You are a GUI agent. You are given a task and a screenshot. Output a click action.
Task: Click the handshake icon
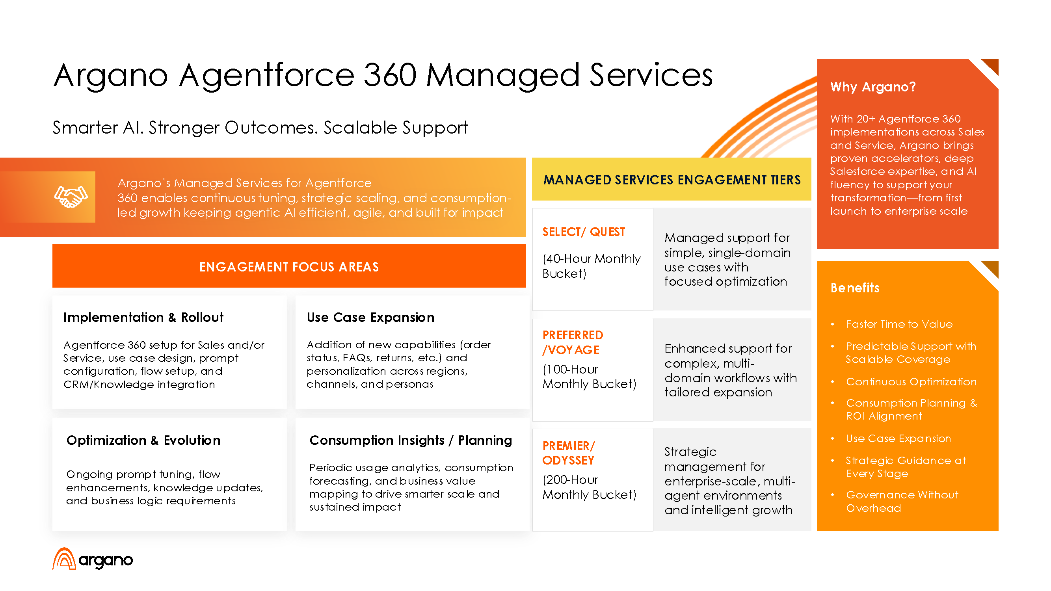point(71,197)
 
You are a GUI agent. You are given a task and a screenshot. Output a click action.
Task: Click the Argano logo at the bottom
point(93,559)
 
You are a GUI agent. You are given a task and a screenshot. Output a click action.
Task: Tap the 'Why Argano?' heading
point(873,87)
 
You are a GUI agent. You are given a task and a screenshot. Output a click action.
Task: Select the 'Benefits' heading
point(855,288)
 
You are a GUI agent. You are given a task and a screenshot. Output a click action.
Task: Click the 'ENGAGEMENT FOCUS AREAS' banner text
point(289,267)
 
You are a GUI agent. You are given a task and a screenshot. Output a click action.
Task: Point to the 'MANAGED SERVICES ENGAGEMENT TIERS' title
point(672,180)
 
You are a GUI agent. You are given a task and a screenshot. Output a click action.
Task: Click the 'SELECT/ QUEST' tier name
point(584,232)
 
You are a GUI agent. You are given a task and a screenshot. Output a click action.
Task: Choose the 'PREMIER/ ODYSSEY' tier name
point(569,453)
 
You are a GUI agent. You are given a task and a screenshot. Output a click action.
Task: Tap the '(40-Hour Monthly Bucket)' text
point(591,266)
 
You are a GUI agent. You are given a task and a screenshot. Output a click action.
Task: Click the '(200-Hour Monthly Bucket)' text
point(589,487)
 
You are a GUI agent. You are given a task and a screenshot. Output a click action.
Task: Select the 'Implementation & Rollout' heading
point(143,317)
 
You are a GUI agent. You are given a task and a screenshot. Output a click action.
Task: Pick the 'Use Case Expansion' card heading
point(370,317)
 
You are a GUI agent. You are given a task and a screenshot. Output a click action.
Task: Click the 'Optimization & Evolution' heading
point(143,440)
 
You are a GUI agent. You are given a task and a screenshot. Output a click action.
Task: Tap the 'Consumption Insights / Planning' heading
point(411,440)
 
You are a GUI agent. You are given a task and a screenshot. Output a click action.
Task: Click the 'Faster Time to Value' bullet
point(899,324)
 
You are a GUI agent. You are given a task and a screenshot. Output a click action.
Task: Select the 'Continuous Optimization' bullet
point(911,382)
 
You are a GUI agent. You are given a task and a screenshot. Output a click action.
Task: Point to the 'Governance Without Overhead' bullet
point(902,501)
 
